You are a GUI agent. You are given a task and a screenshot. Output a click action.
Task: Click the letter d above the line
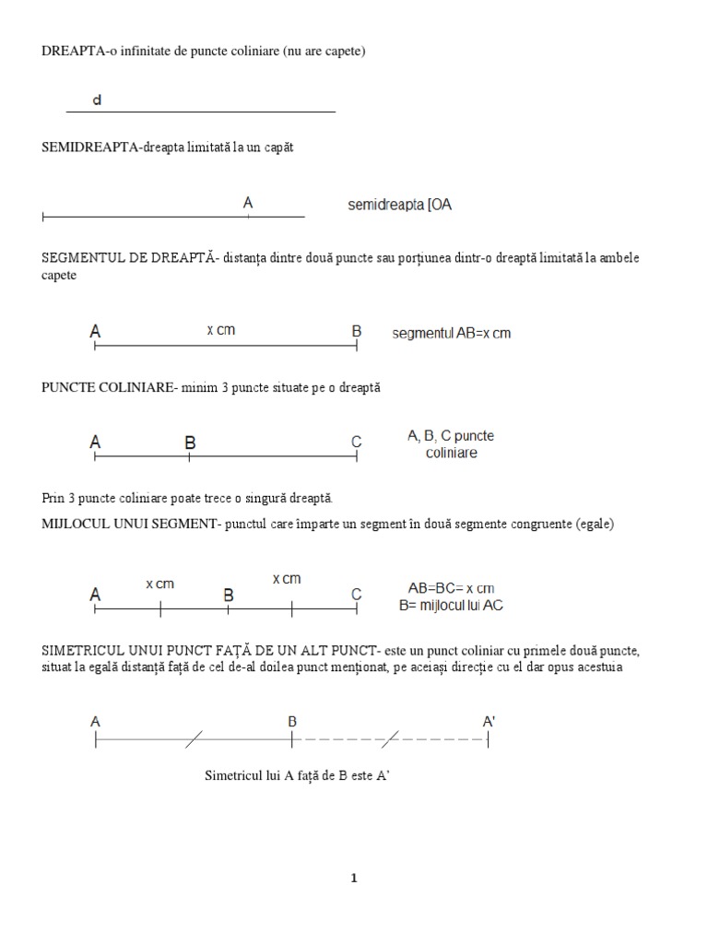pos(97,100)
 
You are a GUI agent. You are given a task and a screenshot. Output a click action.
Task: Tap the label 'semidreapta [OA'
pos(399,206)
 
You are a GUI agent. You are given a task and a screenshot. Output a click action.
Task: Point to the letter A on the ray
pos(248,202)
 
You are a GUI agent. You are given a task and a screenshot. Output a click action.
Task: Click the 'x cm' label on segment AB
pos(220,330)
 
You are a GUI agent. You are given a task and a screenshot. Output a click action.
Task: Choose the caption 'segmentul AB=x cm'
pos(451,333)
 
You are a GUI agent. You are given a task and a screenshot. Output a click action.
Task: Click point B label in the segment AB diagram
pos(357,331)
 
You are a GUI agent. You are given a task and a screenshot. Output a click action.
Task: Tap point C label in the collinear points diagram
pos(357,442)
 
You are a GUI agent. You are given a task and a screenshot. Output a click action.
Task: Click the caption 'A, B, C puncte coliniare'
pos(451,444)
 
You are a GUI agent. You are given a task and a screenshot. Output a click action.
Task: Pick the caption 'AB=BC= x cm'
pos(451,588)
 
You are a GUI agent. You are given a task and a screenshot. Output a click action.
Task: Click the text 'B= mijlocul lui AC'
pos(451,606)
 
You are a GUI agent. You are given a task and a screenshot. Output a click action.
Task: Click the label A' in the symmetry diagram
pos(489,722)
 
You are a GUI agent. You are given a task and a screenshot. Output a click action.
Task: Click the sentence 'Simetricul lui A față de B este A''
pos(300,776)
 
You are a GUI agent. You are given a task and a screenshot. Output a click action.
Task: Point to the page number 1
pos(353,878)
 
